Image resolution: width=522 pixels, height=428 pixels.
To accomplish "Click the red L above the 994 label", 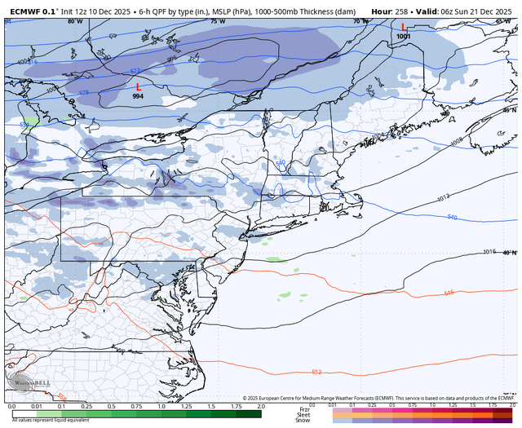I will (139, 86).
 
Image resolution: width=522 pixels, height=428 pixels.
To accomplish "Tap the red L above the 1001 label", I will (403, 27).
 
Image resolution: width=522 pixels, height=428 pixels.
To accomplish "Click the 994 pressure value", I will (139, 96).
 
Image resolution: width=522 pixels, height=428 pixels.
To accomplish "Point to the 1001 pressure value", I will (403, 37).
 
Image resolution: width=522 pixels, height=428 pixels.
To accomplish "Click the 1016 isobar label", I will (489, 252).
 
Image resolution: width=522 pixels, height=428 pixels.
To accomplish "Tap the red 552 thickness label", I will (316, 372).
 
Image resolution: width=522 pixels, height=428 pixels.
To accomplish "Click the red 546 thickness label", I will (449, 292).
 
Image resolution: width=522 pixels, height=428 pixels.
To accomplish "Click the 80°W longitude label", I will (76, 22).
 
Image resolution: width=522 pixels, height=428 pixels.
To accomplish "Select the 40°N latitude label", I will (509, 253).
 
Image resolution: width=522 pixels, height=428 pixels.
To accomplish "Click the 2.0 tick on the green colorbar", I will (261, 405).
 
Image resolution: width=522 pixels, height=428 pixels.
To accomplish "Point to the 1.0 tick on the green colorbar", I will (161, 405).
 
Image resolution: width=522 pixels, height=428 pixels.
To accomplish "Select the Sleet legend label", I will (304, 413).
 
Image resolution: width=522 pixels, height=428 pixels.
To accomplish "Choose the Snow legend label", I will (304, 420).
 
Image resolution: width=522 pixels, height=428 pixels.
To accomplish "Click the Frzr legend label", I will (304, 408).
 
